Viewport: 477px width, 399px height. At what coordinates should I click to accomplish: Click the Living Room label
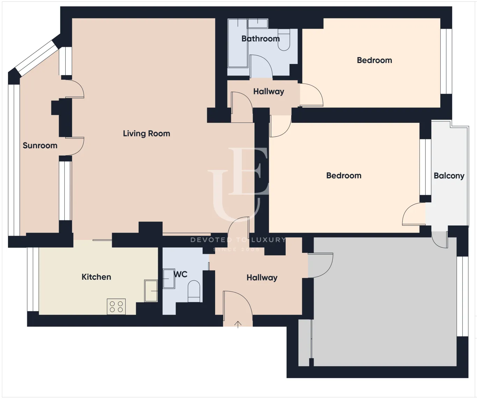pyautogui.click(x=146, y=134)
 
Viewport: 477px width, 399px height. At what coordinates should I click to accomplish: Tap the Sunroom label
pyautogui.click(x=40, y=145)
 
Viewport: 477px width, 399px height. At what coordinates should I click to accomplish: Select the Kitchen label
pyautogui.click(x=96, y=277)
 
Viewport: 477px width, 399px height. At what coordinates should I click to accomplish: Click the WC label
pyautogui.click(x=181, y=275)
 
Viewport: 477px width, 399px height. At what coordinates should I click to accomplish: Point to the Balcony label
pyautogui.click(x=449, y=176)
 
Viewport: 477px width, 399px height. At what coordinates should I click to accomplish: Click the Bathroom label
pyautogui.click(x=260, y=39)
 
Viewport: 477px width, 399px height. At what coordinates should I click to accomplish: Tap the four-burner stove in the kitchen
pyautogui.click(x=116, y=307)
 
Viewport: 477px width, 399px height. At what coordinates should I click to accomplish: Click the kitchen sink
pyautogui.click(x=151, y=291)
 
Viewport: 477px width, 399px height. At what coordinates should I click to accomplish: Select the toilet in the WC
pyautogui.click(x=194, y=292)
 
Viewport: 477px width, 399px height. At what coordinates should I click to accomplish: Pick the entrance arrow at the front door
pyautogui.click(x=238, y=324)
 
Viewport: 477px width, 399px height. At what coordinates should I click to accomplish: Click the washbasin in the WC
pyautogui.click(x=169, y=278)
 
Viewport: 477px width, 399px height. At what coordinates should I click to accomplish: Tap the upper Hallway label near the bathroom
pyautogui.click(x=269, y=92)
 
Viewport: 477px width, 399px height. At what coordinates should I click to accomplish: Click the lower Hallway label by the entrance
pyautogui.click(x=262, y=278)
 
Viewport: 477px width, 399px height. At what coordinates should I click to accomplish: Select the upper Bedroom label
pyautogui.click(x=374, y=60)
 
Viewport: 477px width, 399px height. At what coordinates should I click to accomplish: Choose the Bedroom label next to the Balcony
pyautogui.click(x=344, y=176)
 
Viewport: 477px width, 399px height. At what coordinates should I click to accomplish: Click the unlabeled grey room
pyautogui.click(x=384, y=301)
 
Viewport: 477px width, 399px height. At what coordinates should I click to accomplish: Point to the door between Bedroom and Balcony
pyautogui.click(x=414, y=214)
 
